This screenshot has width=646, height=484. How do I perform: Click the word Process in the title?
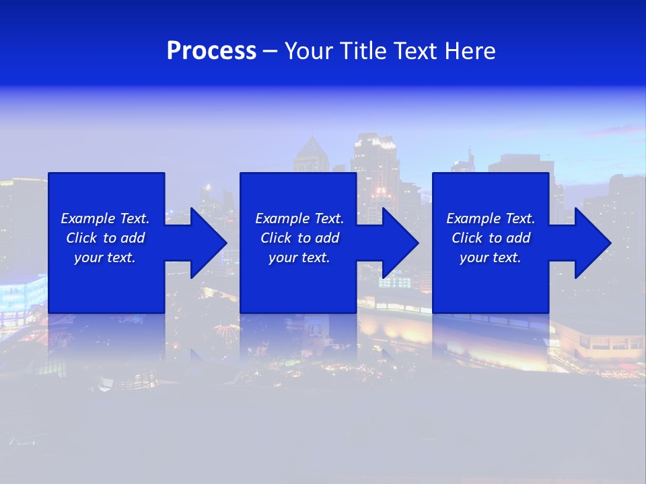coord(211,51)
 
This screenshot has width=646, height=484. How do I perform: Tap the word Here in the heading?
coord(470,51)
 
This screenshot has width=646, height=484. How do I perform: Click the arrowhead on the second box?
coord(399,243)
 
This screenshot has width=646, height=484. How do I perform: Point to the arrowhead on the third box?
coord(591,243)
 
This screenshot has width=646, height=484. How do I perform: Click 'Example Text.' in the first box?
coord(105,218)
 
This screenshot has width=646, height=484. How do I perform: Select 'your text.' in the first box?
coord(105,257)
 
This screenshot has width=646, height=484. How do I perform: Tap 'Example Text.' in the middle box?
coord(299,218)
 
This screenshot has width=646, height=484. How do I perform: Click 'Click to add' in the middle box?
coord(299,238)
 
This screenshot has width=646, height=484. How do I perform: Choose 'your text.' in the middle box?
coord(299,257)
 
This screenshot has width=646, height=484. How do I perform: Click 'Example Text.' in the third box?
coord(491,218)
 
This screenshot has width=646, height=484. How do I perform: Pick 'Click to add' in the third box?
coord(491,238)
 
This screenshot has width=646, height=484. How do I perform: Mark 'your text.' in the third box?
coord(491,257)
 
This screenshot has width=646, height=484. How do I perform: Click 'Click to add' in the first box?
coord(105,238)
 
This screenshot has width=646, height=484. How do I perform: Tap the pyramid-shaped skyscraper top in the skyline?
coord(310,149)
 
